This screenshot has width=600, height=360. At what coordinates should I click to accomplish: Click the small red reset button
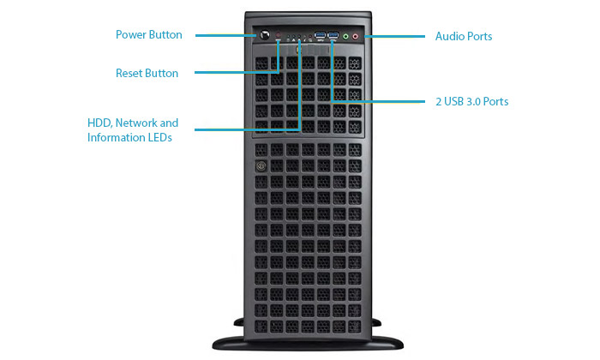[279, 37]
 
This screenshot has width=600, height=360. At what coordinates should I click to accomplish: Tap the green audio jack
[346, 37]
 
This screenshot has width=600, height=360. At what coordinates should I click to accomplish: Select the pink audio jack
[357, 37]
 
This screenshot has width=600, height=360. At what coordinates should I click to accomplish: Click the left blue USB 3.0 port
[320, 37]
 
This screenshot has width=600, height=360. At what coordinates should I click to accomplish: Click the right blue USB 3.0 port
[333, 37]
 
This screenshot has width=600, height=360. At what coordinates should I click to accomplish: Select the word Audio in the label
[450, 37]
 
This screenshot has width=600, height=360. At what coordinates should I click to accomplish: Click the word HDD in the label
[99, 123]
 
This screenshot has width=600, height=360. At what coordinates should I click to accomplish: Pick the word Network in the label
[138, 123]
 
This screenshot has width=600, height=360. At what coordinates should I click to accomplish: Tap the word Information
[114, 138]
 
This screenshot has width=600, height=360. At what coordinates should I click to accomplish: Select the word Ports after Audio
[479, 37]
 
